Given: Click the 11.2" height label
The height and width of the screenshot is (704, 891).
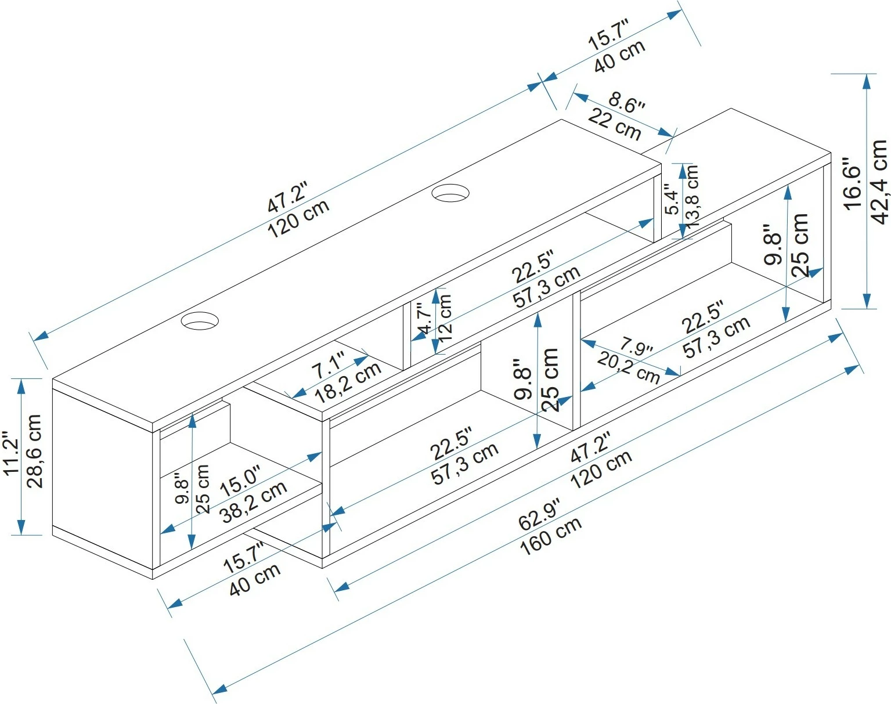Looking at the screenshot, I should click(11, 453).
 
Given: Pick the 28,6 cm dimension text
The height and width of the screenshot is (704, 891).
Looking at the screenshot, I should click(34, 451).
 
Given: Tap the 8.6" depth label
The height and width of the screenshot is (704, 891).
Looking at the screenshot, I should click(626, 104).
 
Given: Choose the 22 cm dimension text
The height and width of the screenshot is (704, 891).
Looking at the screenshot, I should click(615, 125).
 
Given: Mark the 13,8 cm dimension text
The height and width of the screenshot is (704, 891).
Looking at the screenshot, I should click(692, 196).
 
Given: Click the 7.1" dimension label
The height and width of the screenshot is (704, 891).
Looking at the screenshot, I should click(328, 367).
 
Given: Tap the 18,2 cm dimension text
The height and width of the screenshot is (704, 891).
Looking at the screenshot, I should click(348, 383).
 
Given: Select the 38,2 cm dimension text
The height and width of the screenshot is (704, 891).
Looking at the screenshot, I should click(254, 501).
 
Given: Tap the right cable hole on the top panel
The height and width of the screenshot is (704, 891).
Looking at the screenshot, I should click(451, 193).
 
